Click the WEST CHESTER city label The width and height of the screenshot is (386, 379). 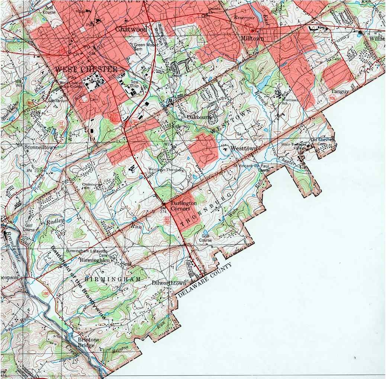click(x=86, y=70)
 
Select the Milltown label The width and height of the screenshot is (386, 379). click(x=252, y=39)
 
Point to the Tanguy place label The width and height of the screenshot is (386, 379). click(x=339, y=91)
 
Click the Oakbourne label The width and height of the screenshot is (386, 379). click(x=201, y=117)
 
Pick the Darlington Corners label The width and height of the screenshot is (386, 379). click(x=183, y=206)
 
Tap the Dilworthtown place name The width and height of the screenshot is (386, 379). click(x=168, y=283)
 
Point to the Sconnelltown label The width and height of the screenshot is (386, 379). click(x=40, y=147)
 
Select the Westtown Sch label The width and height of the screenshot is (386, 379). click(x=290, y=102)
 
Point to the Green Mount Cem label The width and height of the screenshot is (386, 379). click(x=138, y=47)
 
